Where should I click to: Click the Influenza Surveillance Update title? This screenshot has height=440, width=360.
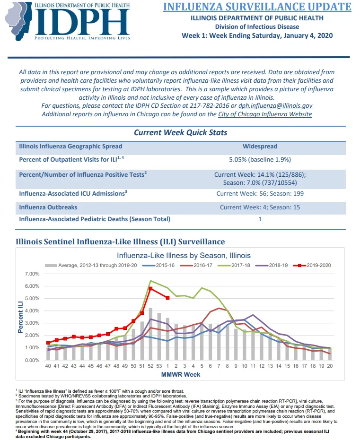pyautogui.click(x=257, y=7)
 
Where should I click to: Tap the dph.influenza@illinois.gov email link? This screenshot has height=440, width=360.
pyautogui.click(x=275, y=106)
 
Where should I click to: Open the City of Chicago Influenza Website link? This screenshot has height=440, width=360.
pyautogui.click(x=265, y=114)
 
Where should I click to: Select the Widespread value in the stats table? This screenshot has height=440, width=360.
pyautogui.click(x=260, y=146)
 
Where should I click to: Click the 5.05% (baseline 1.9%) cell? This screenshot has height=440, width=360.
pyautogui.click(x=260, y=159)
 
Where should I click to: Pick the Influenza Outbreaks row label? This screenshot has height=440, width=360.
pyautogui.click(x=48, y=207)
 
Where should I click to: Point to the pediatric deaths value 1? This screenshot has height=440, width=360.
pyautogui.click(x=260, y=219)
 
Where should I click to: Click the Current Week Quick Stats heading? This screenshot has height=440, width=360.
pyautogui.click(x=180, y=132)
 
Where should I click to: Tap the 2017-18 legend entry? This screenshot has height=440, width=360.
pyautogui.click(x=234, y=265)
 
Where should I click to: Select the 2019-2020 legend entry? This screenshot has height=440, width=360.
pyautogui.click(x=312, y=265)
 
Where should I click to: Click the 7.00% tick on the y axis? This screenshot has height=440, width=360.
pyautogui.click(x=32, y=274)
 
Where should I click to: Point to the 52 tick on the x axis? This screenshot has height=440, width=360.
pyautogui.click(x=150, y=366)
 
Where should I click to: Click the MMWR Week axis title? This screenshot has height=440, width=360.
pyautogui.click(x=181, y=375)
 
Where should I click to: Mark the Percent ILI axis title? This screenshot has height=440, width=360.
pyautogui.click(x=20, y=317)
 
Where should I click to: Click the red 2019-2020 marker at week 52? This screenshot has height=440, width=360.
pyautogui.click(x=150, y=288)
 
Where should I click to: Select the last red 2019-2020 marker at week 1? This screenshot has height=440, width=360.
pyautogui.click(x=167, y=298)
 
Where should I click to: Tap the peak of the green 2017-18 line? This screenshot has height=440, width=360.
pyautogui.click(x=151, y=281)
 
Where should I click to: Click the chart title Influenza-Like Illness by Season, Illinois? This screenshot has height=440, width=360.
pyautogui.click(x=184, y=255)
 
